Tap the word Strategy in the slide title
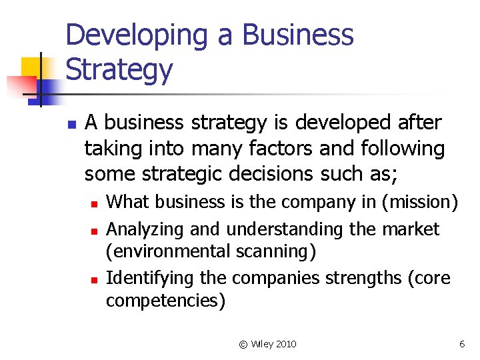tap(119, 70)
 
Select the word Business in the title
tap(297, 35)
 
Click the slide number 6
tap(461, 344)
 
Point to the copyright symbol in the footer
tap(243, 344)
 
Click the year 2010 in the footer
tap(285, 344)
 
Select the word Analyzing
tap(146, 230)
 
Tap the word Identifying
tap(147, 278)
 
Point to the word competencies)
tap(166, 301)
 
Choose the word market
tap(411, 229)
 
